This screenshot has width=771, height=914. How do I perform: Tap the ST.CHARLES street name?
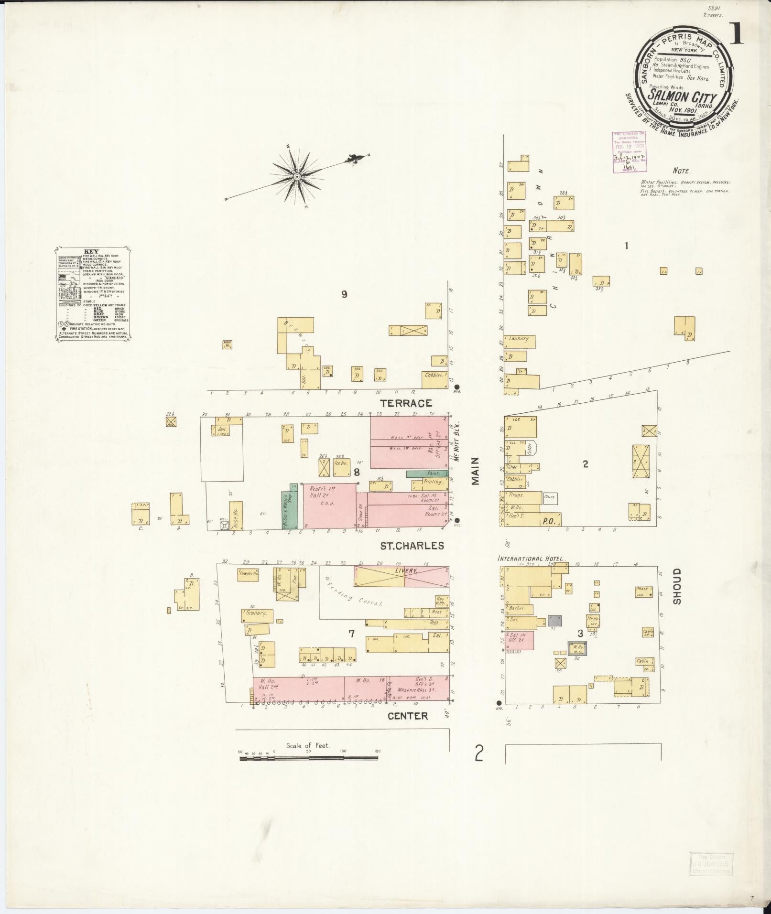tap(412, 546)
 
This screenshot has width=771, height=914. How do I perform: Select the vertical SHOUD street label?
tap(677, 586)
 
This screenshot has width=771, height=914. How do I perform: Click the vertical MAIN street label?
tap(476, 471)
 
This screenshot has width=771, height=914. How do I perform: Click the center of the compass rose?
tap(297, 177)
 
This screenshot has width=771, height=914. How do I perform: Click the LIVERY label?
tap(406, 570)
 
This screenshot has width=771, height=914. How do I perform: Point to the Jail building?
tap(221, 430)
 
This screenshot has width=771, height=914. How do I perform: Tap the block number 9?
tap(344, 294)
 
